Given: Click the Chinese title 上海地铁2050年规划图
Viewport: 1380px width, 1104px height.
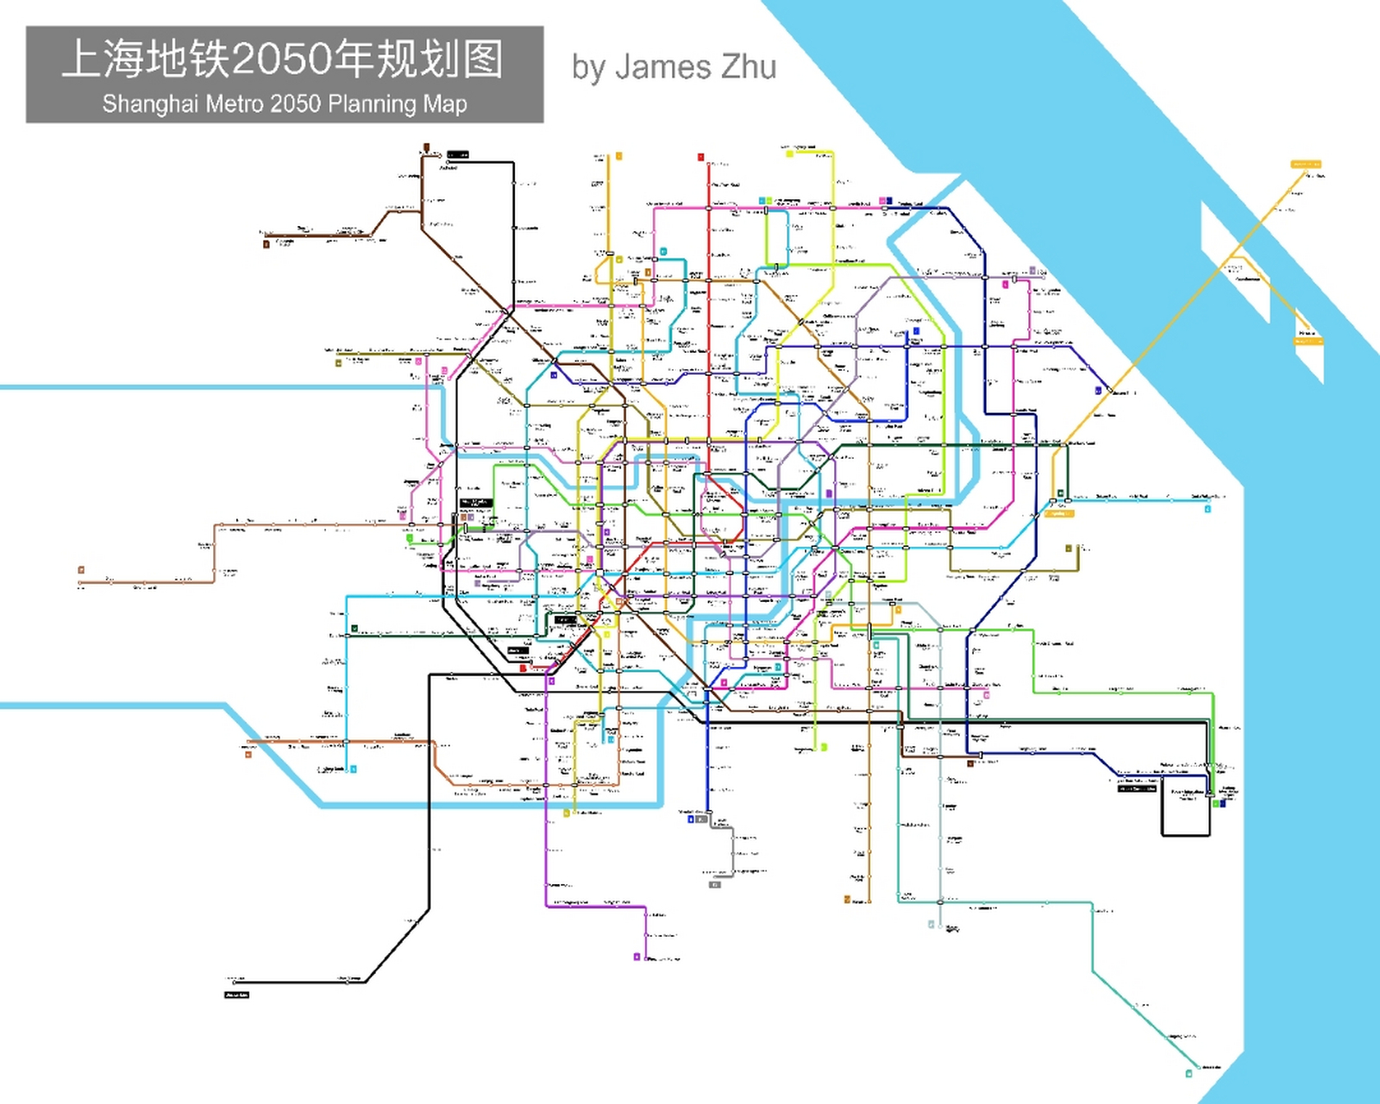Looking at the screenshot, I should click(x=283, y=59).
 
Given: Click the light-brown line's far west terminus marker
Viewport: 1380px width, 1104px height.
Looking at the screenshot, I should click(x=81, y=570).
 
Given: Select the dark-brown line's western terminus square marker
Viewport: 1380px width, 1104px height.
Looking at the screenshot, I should click(x=266, y=244).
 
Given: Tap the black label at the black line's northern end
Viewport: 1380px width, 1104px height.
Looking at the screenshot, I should click(x=458, y=154).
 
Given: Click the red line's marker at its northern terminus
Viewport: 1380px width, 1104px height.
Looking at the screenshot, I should click(x=701, y=157).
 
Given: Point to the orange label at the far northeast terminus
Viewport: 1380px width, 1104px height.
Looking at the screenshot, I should click(x=1305, y=164).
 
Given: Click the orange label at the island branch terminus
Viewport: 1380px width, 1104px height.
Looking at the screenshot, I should click(x=1308, y=342).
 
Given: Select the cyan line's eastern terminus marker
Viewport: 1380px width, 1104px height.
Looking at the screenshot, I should click(x=1207, y=509).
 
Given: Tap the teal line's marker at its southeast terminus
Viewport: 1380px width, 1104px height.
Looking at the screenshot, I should click(x=1189, y=1074).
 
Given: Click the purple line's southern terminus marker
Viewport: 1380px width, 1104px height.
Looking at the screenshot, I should click(x=637, y=957).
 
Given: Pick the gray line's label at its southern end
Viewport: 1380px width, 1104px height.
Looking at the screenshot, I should click(x=714, y=884).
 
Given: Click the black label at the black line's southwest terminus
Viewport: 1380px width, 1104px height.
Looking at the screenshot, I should click(x=237, y=995).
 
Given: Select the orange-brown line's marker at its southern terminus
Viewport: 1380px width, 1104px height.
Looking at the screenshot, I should click(x=847, y=900).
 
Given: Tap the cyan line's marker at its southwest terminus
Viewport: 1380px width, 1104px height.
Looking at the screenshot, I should click(x=354, y=768).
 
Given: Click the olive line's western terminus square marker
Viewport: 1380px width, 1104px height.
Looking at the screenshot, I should click(x=339, y=363).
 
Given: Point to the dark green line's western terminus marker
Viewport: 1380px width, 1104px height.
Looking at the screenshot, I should click(x=354, y=629).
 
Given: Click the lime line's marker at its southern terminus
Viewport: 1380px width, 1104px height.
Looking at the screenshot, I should click(x=825, y=747).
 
